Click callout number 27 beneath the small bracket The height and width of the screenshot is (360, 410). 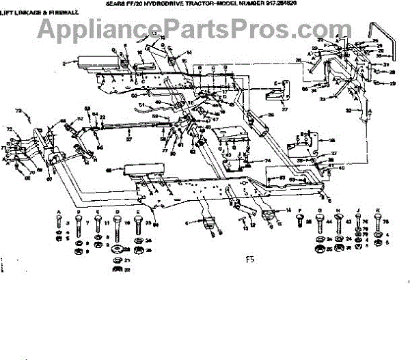284,109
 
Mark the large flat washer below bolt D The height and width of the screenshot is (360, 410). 118,247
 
